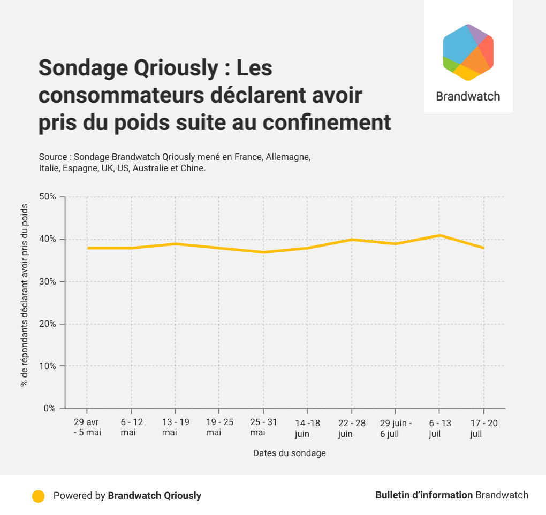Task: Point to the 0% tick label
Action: tap(50, 409)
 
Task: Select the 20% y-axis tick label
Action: tap(48, 324)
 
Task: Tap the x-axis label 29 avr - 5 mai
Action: tap(87, 428)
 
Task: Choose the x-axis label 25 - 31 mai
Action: tap(263, 428)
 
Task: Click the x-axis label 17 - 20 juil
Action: tap(484, 428)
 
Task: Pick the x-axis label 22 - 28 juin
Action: tap(352, 428)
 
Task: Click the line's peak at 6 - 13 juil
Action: tap(439, 235)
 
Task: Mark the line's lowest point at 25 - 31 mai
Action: tap(263, 252)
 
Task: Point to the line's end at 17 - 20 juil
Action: tap(483, 248)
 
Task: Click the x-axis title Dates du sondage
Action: tap(289, 453)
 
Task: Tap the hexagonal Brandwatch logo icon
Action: tap(468, 52)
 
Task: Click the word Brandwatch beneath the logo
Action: tap(468, 97)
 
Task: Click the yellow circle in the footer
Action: tap(38, 496)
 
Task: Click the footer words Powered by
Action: tap(79, 496)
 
